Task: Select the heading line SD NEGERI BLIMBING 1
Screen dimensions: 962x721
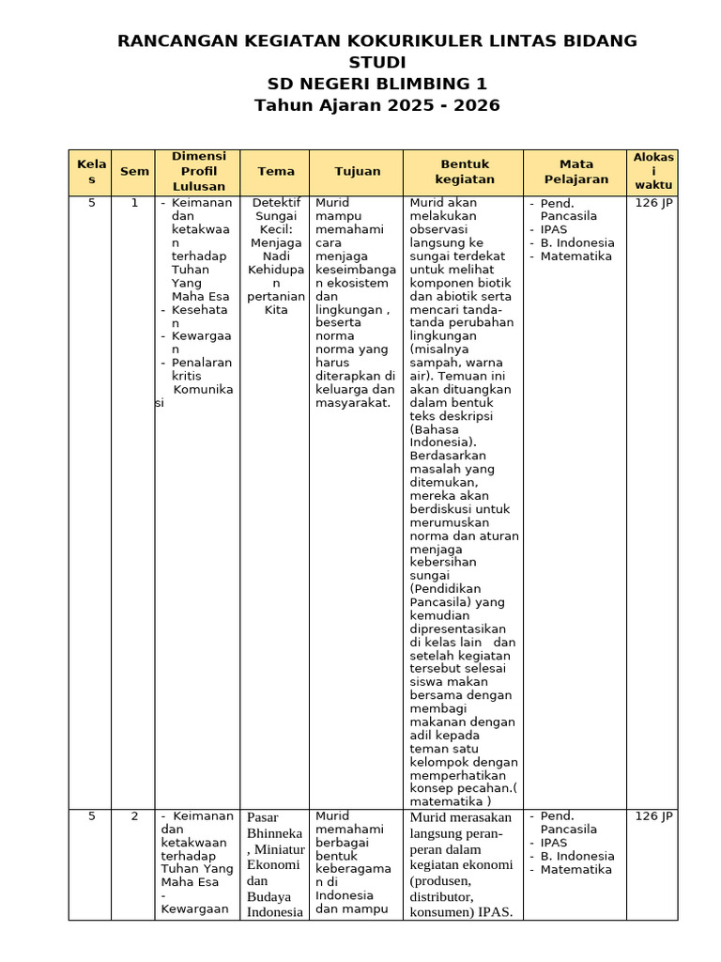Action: click(376, 84)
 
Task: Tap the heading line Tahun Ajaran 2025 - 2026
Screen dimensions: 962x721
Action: click(376, 105)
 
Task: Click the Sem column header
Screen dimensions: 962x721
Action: click(134, 172)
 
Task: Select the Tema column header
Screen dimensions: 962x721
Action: click(276, 172)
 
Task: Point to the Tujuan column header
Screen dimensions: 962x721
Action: click(358, 172)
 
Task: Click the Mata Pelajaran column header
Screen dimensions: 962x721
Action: click(576, 171)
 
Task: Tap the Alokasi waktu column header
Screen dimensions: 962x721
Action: click(653, 171)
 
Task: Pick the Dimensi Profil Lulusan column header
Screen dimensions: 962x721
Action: click(199, 171)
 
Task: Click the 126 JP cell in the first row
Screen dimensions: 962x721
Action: click(653, 203)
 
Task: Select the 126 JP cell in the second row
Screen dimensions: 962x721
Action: click(653, 816)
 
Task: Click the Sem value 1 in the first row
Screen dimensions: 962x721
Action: click(134, 203)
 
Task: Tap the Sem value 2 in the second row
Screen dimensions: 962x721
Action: click(134, 816)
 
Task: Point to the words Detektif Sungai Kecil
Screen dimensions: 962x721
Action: click(276, 216)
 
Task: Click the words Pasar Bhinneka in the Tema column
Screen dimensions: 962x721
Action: click(274, 825)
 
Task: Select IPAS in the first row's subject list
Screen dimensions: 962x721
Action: click(554, 229)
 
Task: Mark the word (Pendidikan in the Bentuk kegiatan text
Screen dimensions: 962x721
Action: click(447, 588)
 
